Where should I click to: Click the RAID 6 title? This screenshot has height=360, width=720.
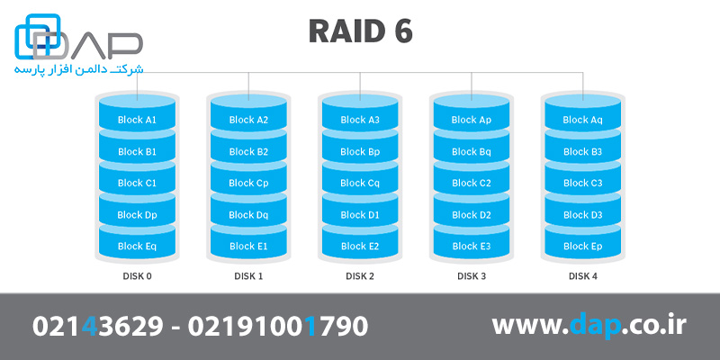point(360,31)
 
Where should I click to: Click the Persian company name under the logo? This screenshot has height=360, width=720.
point(77,69)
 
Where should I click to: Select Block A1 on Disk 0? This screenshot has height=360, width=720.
point(137,120)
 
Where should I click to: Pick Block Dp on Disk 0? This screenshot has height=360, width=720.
point(137,215)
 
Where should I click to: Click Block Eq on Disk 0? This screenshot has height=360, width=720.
point(137,246)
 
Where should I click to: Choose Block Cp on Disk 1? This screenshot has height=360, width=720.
point(248,183)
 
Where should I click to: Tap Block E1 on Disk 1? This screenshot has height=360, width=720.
point(248,246)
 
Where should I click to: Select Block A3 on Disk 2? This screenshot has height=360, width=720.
point(360,120)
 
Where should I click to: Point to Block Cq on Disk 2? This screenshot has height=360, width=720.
point(360,183)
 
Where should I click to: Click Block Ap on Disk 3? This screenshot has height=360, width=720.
point(471,120)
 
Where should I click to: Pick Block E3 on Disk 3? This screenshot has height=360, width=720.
point(471,246)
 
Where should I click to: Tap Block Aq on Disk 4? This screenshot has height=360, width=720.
point(582,120)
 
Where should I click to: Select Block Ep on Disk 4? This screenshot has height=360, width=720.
point(582,246)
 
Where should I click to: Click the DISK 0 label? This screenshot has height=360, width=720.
point(137,276)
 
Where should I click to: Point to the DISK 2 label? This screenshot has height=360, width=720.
point(360,276)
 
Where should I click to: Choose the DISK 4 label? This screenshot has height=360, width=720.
point(582,276)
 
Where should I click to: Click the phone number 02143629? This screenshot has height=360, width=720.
point(98,326)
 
